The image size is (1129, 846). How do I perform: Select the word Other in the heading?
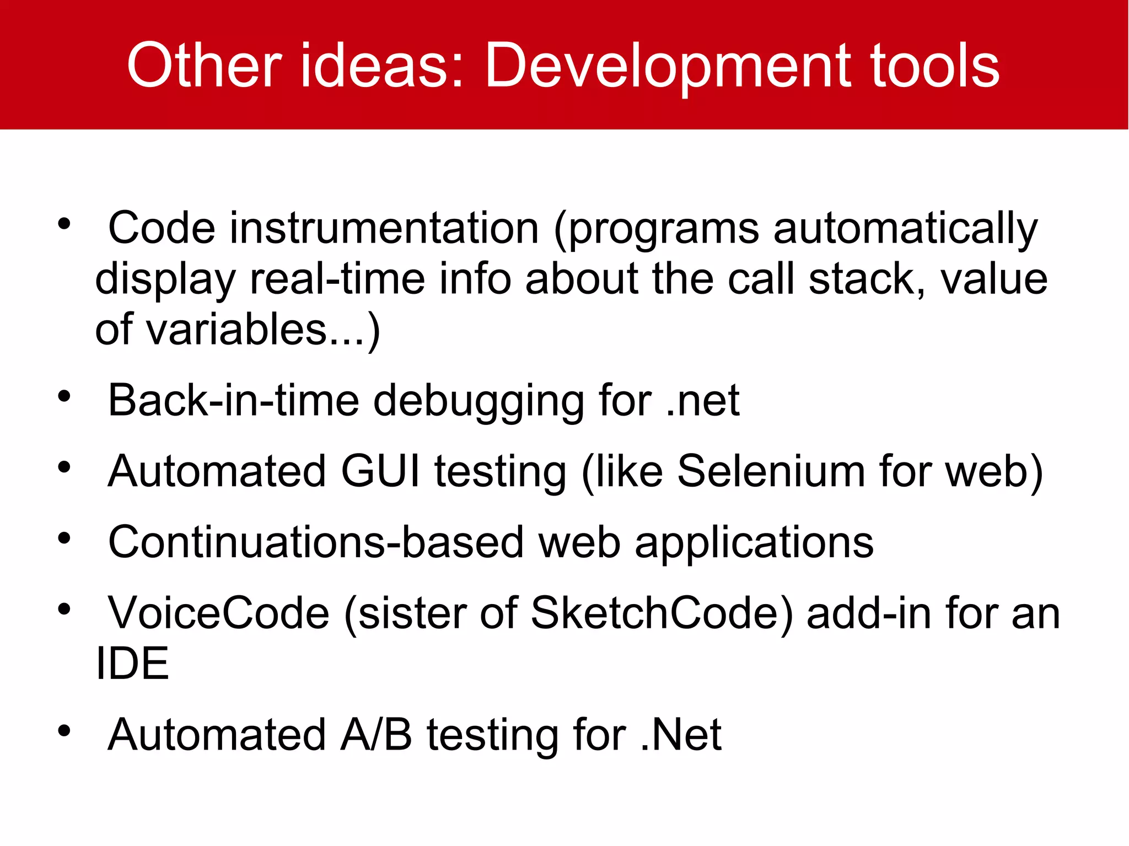click(205, 66)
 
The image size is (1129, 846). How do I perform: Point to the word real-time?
click(337, 279)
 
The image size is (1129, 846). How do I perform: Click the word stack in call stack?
click(866, 279)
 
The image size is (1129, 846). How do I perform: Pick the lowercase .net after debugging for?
click(702, 401)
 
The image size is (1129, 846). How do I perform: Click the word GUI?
click(380, 471)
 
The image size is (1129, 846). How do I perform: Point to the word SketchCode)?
click(661, 613)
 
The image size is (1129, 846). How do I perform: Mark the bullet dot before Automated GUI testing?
click(64, 468)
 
